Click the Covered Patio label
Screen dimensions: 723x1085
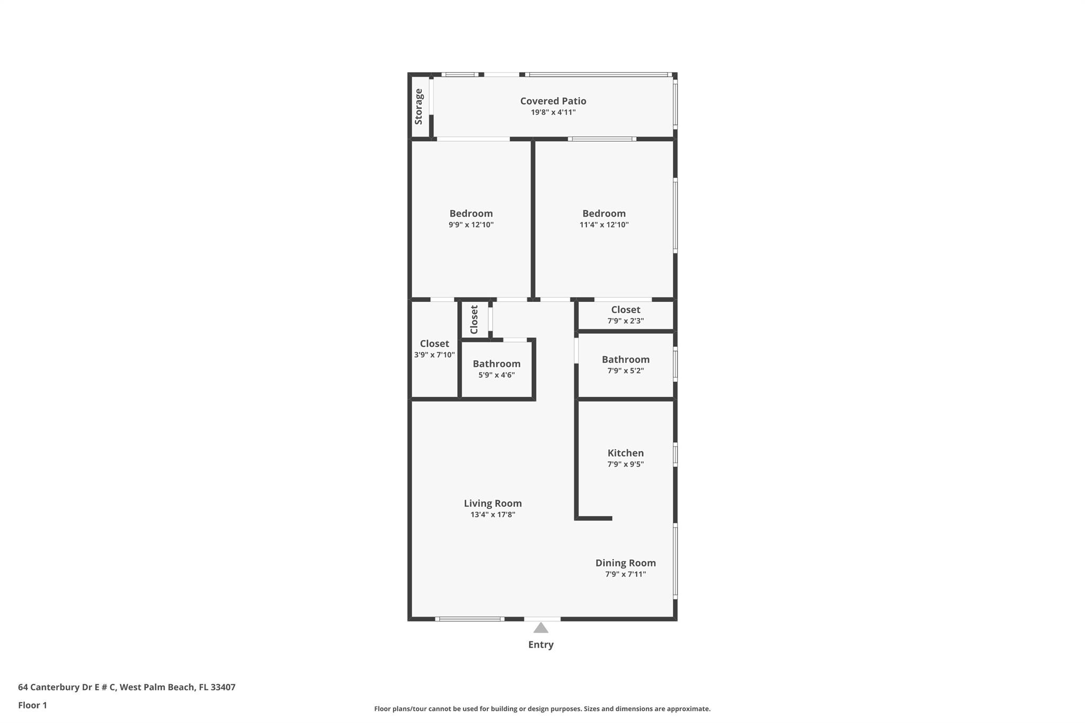click(553, 101)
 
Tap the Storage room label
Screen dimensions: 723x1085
click(419, 106)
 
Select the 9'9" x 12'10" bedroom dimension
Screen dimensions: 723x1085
click(471, 225)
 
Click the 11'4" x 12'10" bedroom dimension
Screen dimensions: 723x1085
click(604, 225)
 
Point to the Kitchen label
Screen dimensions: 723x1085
click(625, 453)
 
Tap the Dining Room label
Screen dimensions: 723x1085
click(625, 563)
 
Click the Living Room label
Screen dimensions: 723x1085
click(493, 503)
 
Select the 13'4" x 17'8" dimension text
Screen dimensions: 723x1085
click(493, 515)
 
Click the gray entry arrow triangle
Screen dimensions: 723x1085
click(540, 628)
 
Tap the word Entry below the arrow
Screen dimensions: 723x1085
click(540, 645)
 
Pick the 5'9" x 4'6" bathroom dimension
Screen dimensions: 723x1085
click(496, 375)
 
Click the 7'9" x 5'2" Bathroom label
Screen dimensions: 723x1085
click(625, 360)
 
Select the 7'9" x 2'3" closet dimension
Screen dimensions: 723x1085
click(625, 321)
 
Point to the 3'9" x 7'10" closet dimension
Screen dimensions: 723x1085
click(434, 355)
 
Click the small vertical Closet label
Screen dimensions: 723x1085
click(474, 319)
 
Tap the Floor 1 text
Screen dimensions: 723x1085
click(32, 705)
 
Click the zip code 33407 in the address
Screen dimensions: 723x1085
click(223, 687)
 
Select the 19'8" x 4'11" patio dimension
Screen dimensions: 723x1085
click(553, 112)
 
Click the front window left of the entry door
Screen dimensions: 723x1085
click(469, 619)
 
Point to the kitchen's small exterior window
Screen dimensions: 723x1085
click(675, 454)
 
